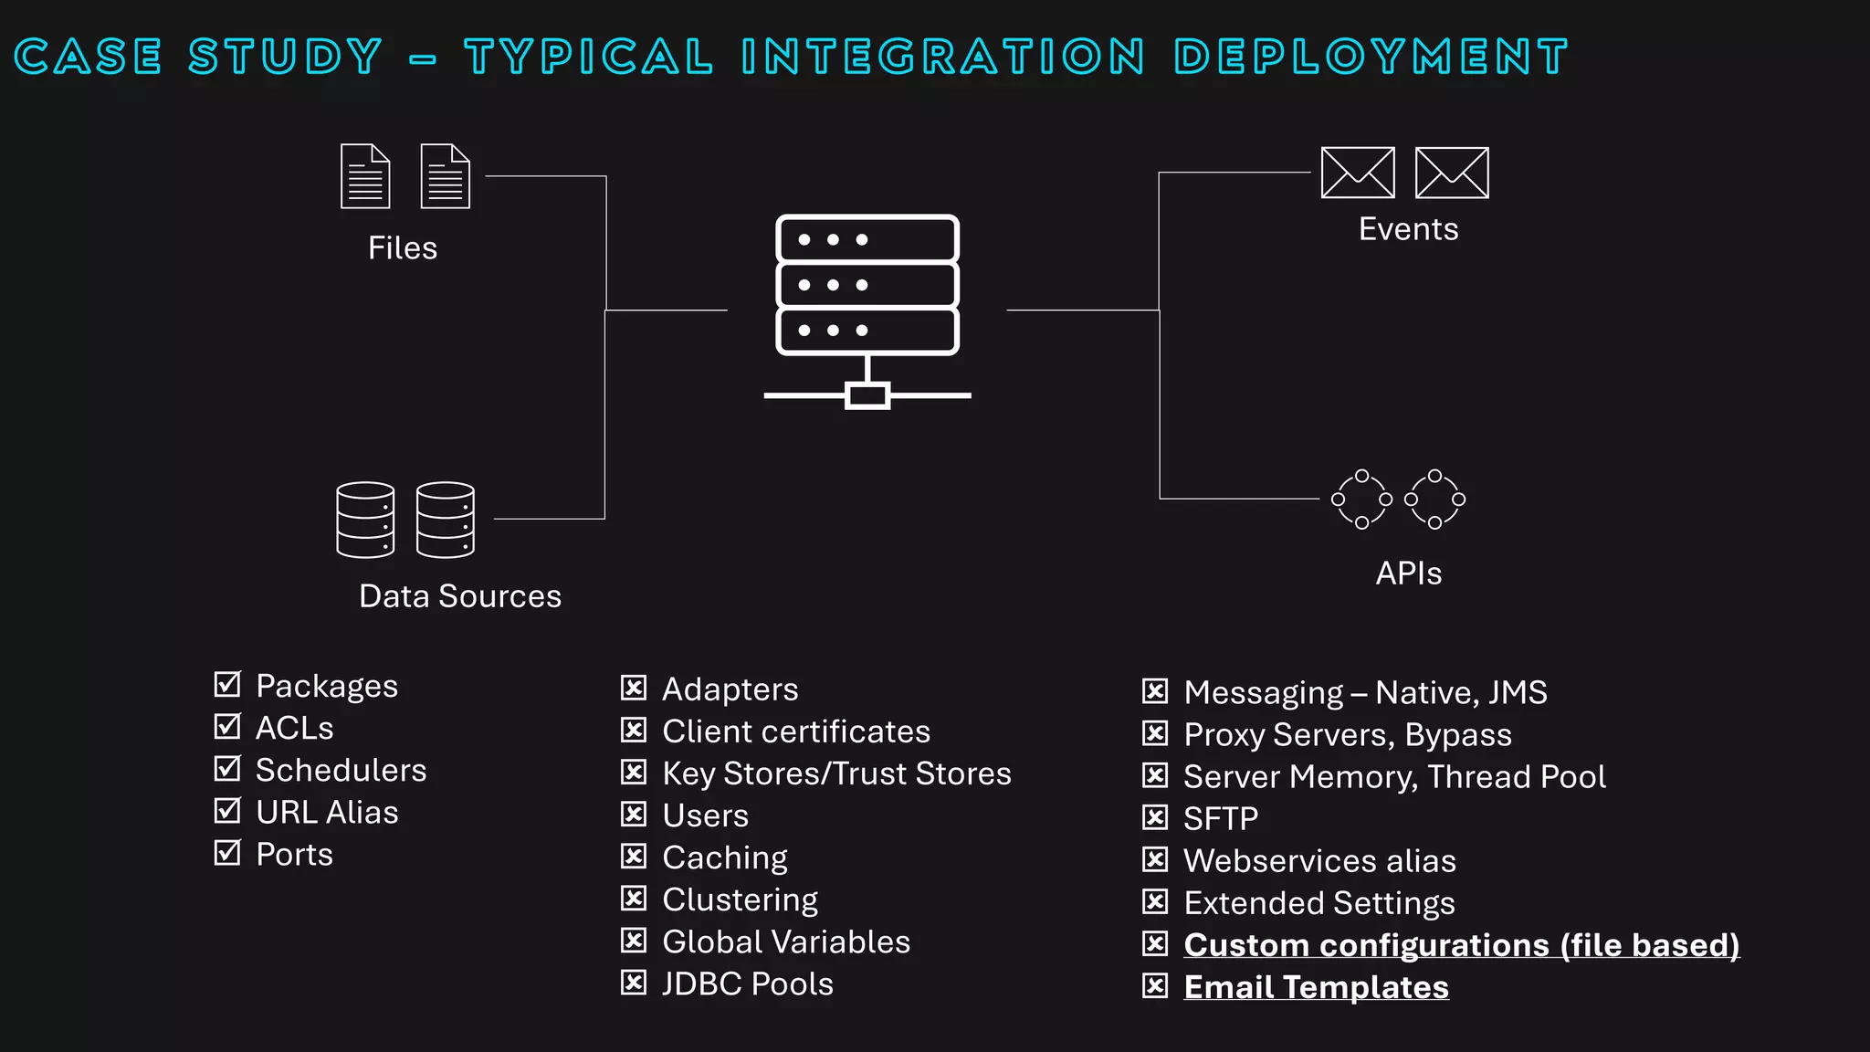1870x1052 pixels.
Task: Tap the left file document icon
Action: (x=365, y=176)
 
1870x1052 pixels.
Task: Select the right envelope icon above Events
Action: (x=1452, y=173)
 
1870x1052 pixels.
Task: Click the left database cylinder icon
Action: (x=365, y=520)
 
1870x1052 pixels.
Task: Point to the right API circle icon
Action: (x=1434, y=500)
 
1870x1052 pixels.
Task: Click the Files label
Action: (x=403, y=248)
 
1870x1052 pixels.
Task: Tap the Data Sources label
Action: (x=460, y=596)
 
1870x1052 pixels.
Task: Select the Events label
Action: (x=1408, y=229)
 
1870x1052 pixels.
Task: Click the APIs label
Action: (x=1408, y=573)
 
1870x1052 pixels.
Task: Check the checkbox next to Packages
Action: (x=226, y=684)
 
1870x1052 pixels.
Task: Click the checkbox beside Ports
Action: (x=226, y=853)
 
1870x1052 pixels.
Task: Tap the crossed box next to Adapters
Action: (x=634, y=688)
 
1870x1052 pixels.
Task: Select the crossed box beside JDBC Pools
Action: (x=634, y=983)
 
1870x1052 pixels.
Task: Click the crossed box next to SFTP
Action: (x=1155, y=817)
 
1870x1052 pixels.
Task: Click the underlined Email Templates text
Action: (x=1316, y=987)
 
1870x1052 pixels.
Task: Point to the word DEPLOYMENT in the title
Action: (x=1371, y=57)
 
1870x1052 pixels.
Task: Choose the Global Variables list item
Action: (x=786, y=942)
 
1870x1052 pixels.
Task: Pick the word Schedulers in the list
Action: (x=341, y=770)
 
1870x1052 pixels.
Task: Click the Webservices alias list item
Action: (x=1319, y=860)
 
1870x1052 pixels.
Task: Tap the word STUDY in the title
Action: (x=285, y=57)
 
